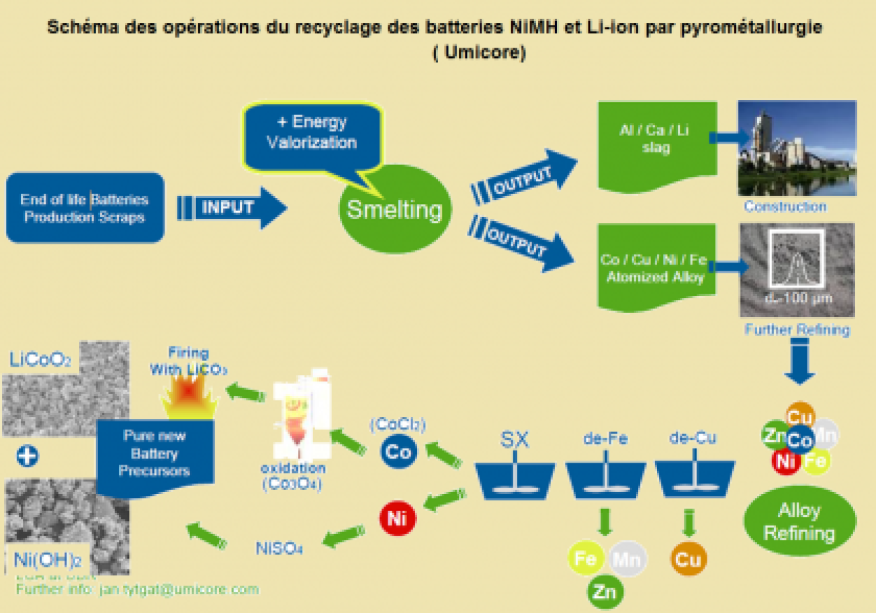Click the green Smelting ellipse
click(394, 210)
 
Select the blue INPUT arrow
click(232, 208)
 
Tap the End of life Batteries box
click(85, 208)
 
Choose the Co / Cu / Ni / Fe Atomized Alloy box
click(656, 268)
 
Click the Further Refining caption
click(797, 330)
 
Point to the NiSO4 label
click(279, 547)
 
